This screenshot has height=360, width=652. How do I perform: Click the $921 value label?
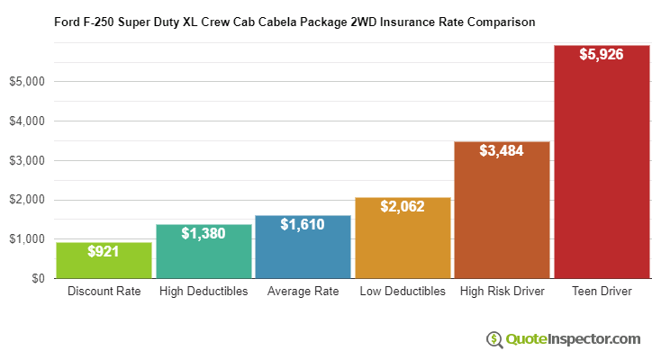(104, 252)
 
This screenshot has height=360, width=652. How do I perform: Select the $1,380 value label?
(204, 233)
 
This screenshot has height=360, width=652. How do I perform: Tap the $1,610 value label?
(303, 224)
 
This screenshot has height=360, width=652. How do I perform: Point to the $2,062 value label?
(403, 206)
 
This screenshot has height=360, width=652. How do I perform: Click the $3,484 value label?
(502, 150)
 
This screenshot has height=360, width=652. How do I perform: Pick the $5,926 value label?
(602, 54)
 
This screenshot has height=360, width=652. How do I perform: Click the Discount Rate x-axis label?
(104, 292)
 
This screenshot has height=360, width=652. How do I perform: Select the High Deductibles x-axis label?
(204, 292)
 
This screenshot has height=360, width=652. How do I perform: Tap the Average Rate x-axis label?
(303, 292)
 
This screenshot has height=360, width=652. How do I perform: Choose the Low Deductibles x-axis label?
(403, 292)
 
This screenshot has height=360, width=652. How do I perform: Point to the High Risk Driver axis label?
(502, 292)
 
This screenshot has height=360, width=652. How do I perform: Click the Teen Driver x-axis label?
(602, 292)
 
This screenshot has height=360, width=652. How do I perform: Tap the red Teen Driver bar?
(602, 171)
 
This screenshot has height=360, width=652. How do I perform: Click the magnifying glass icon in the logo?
(494, 339)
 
